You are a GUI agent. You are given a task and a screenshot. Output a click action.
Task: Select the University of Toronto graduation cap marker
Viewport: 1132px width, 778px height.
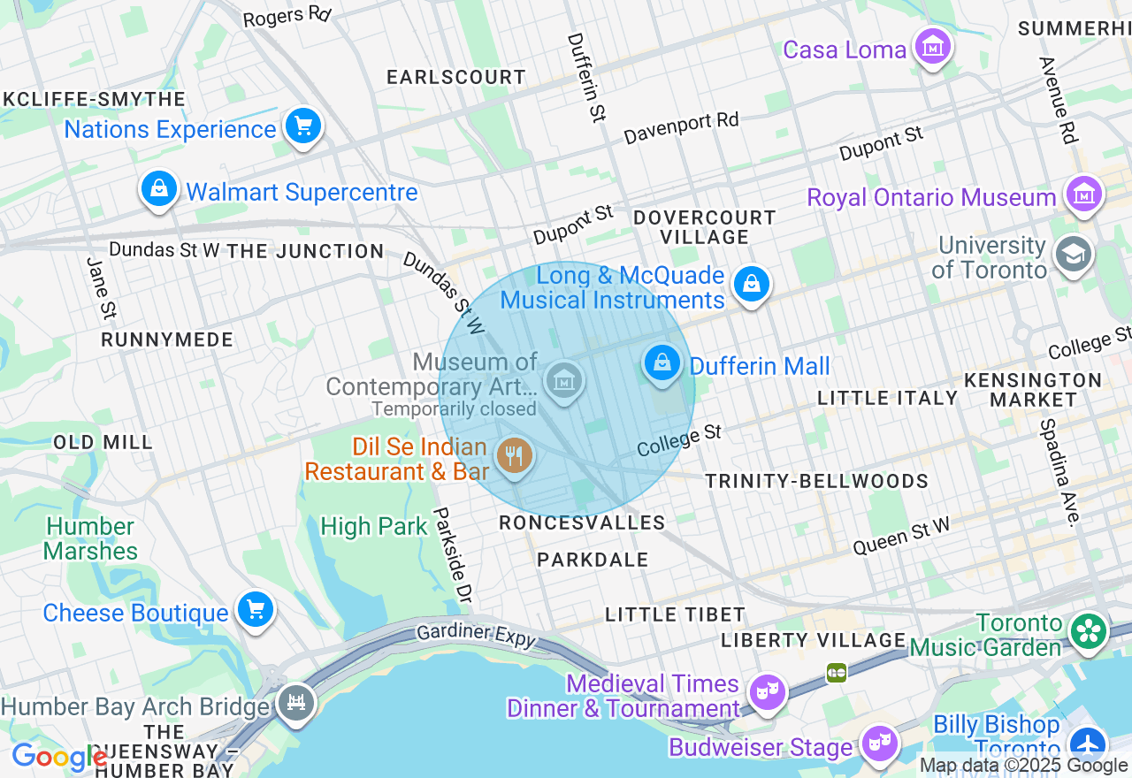[1073, 255]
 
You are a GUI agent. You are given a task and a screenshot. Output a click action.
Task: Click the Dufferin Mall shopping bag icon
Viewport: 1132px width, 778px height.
[662, 362]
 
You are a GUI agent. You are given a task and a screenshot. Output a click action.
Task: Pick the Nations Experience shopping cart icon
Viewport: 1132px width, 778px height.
[303, 126]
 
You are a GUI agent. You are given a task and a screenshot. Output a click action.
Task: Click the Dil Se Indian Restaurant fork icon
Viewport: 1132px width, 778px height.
[514, 457]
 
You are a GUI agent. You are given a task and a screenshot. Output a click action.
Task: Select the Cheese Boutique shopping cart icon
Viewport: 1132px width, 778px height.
[256, 610]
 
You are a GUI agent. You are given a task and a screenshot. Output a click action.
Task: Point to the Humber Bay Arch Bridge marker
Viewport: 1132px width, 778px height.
[295, 704]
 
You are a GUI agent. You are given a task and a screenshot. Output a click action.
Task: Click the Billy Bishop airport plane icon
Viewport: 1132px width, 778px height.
[1086, 744]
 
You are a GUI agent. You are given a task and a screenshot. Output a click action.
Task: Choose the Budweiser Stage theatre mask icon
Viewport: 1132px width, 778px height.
[879, 744]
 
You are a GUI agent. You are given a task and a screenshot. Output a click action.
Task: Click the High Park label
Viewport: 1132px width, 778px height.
[373, 527]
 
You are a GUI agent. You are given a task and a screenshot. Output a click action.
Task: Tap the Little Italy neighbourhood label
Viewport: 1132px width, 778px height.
[887, 398]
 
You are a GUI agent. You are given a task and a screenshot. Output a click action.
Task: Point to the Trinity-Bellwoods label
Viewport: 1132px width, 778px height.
[816, 481]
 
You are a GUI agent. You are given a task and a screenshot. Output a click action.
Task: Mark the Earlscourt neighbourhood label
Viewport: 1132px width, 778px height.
[456, 77]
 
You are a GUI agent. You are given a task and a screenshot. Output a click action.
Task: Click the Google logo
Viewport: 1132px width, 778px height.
[58, 757]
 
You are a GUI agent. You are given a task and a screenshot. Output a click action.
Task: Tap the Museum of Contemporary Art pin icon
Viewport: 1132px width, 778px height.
[563, 381]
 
